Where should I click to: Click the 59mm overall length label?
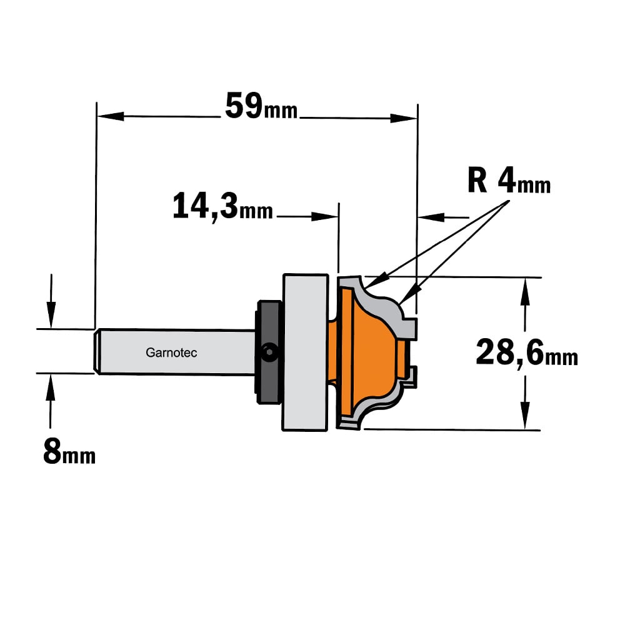pyautogui.click(x=261, y=106)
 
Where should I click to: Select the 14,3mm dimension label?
pyautogui.click(x=223, y=206)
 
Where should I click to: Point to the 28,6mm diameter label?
pyautogui.click(x=527, y=352)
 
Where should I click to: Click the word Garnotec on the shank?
pyautogui.click(x=171, y=352)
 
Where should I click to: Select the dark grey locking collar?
pyautogui.click(x=268, y=352)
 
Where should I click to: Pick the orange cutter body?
pyautogui.click(x=369, y=352)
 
